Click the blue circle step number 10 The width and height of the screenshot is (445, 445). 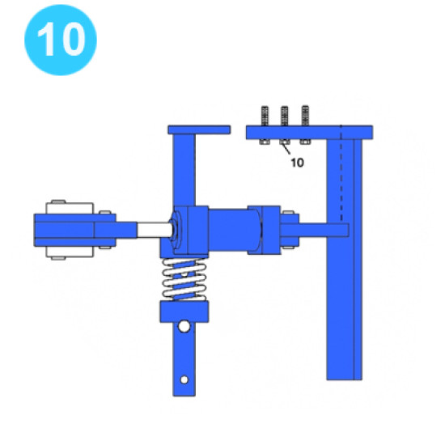point(61,40)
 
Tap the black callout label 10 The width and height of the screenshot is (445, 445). point(297,163)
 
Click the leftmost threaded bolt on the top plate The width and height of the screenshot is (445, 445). point(265,116)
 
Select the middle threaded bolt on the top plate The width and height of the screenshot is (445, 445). point(284,116)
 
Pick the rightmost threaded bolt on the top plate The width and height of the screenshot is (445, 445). point(305,116)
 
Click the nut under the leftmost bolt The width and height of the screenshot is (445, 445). point(265,142)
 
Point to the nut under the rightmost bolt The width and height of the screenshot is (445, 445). point(305,142)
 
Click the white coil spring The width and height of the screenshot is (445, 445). point(184,280)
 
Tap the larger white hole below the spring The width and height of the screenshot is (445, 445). point(184,326)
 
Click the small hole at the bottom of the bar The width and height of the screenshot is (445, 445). point(184,379)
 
